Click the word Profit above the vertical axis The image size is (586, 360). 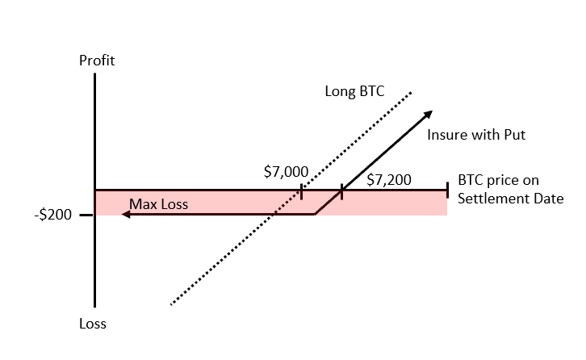pos(97,61)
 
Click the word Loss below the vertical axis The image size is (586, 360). pos(93,324)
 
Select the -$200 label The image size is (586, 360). pos(53,215)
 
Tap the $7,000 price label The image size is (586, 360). pos(286,172)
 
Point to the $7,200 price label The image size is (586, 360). pos(389,180)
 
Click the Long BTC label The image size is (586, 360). pos(354,91)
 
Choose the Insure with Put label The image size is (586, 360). pos(476,135)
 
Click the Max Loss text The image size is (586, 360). pos(158,204)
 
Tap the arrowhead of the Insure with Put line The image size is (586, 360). pos(428,114)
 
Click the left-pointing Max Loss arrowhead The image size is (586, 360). pos(126,214)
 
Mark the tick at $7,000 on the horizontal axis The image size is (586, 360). pos(301,191)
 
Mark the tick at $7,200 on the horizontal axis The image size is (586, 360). pos(341,191)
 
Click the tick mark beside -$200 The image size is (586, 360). pos(86,215)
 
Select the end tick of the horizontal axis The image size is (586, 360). pos(447,190)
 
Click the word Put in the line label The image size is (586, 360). pos(515,135)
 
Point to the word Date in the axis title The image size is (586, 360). pos(549,198)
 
